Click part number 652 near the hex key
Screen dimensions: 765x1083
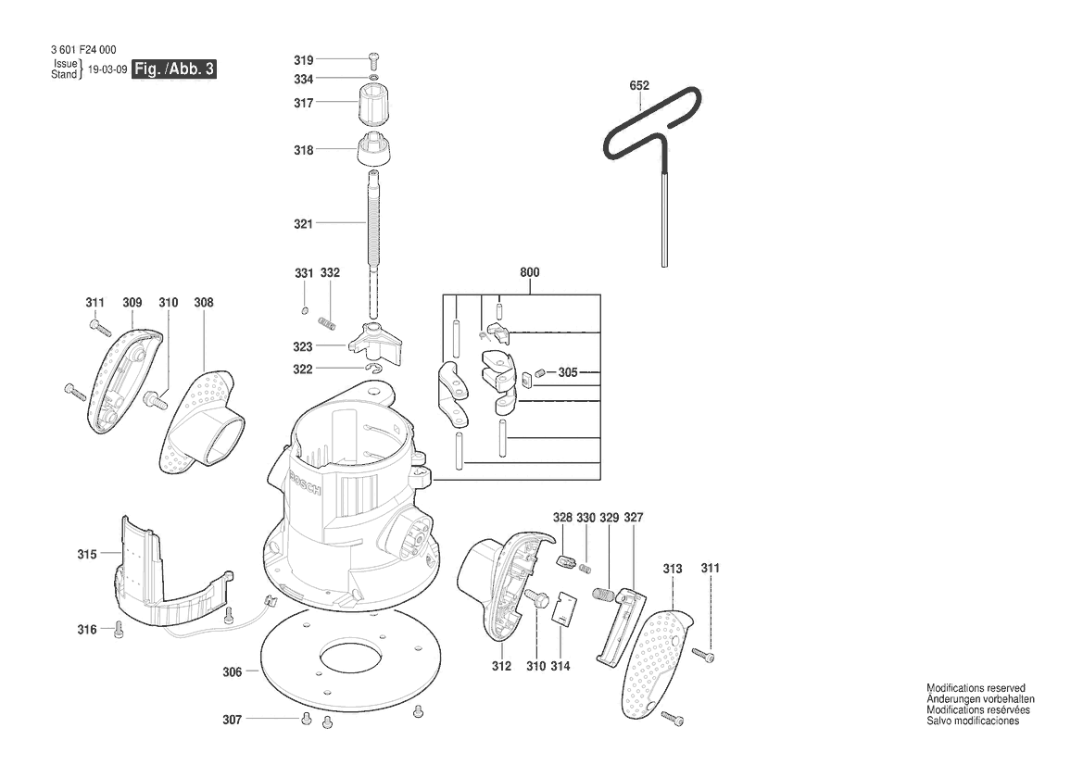pos(639,86)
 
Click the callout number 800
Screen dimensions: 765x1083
pos(529,273)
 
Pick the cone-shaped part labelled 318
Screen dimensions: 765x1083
pos(372,149)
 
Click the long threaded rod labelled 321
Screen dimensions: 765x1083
pos(372,227)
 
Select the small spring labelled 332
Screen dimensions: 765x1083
pos(326,321)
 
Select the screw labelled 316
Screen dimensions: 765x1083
pos(118,631)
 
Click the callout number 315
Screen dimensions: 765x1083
pos(87,554)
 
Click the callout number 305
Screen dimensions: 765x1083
pos(568,372)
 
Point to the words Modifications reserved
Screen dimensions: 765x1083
pos(976,688)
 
